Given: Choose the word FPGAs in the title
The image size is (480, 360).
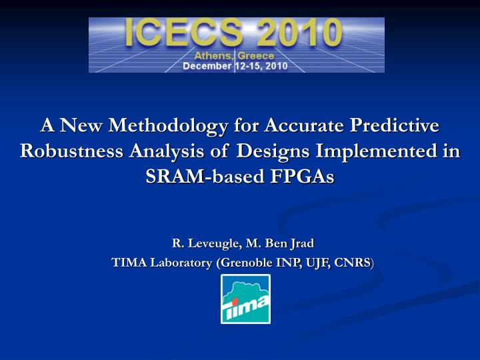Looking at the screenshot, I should pos(303,177).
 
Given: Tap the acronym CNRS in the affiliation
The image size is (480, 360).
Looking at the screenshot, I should pos(355,263).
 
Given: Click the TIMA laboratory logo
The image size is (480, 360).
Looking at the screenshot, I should pos(245,299).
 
